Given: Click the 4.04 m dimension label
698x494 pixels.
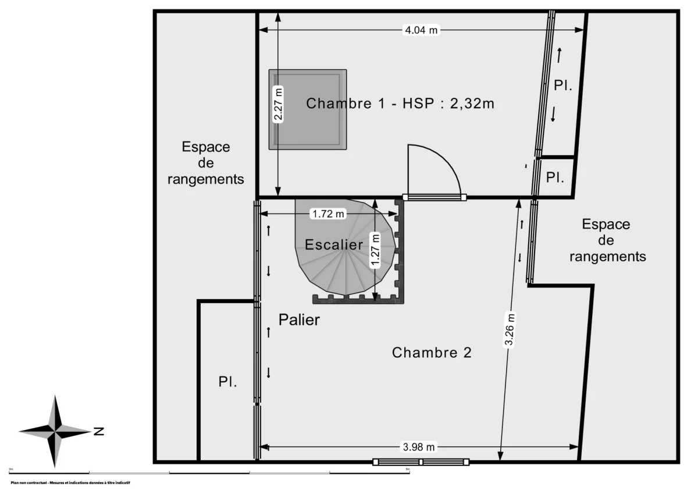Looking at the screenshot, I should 421,30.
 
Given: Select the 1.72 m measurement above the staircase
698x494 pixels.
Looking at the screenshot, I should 327,214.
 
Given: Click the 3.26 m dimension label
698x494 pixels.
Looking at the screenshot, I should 510,330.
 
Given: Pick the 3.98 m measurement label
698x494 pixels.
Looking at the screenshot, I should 419,447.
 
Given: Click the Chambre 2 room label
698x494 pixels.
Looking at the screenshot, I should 431,352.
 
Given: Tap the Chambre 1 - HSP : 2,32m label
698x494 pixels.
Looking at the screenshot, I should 400,104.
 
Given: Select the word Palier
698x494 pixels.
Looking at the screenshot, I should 299,319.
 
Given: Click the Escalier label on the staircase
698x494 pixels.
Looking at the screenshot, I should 334,245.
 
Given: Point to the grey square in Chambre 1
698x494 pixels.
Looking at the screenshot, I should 308,109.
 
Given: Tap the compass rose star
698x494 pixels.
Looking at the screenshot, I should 55,431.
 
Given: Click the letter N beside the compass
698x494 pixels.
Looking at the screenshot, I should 99,431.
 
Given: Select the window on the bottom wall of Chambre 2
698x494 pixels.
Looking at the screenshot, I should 421,462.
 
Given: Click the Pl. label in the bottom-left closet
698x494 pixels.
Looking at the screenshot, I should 227,382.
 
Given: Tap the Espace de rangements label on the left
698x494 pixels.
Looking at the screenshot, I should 206,163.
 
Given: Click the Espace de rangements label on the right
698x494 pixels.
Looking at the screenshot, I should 607,240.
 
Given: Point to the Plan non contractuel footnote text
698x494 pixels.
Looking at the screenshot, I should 70,483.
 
